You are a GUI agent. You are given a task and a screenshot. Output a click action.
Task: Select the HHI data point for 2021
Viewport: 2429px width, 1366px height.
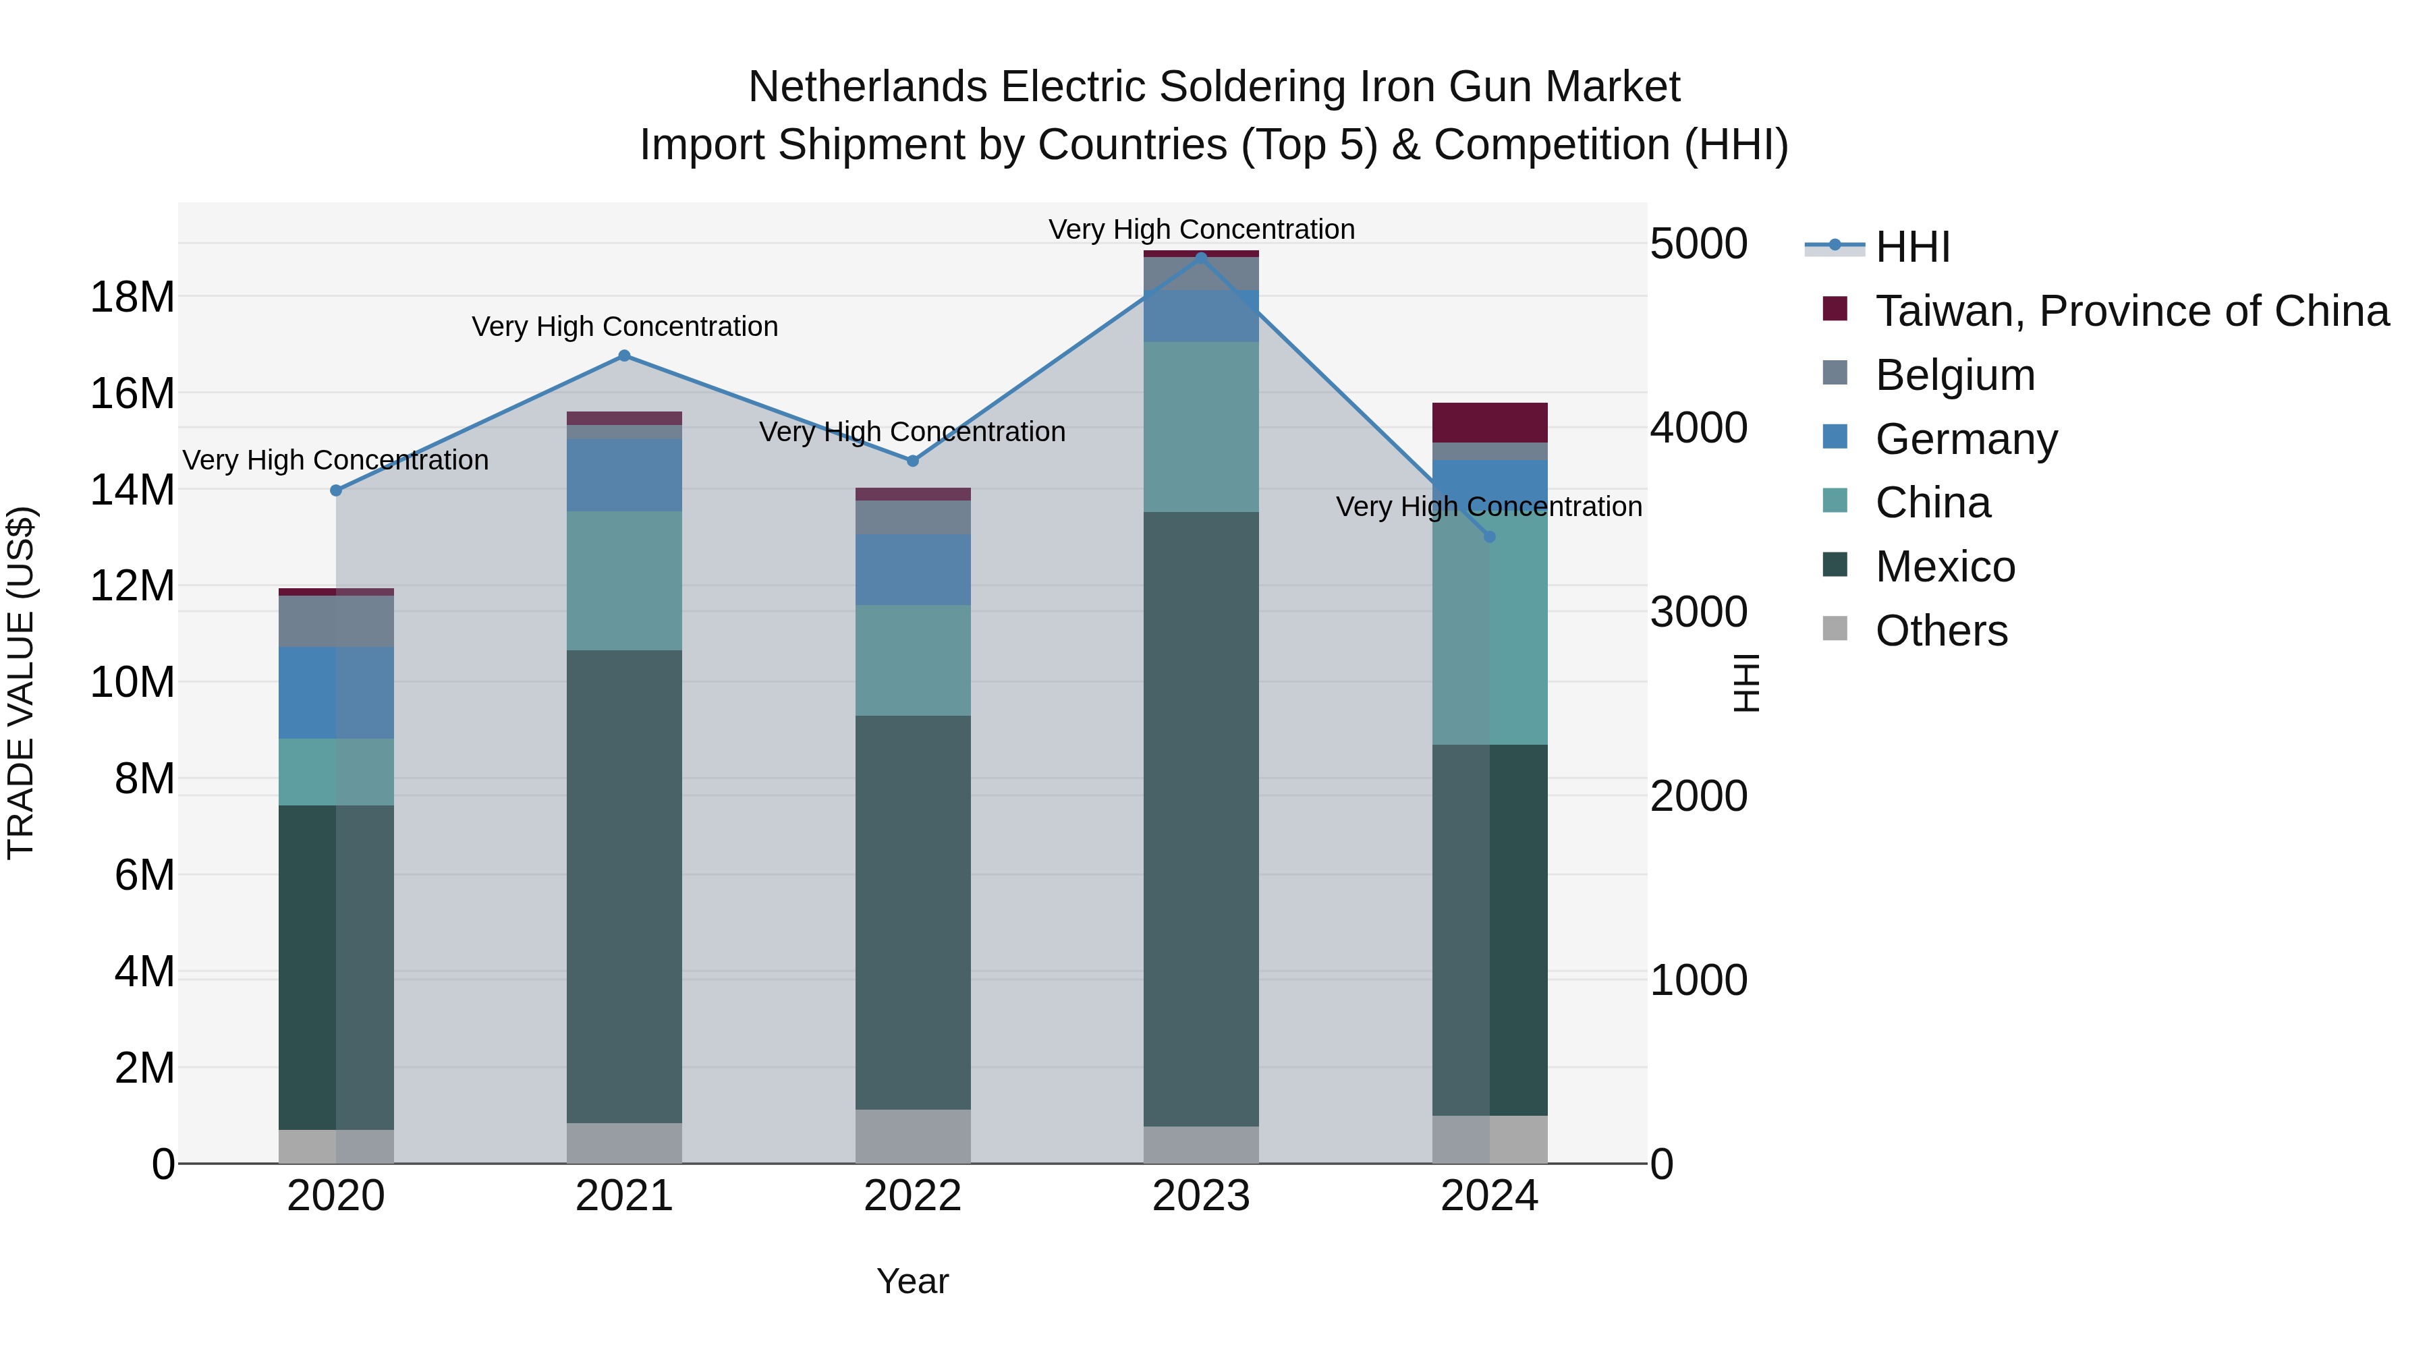(624, 355)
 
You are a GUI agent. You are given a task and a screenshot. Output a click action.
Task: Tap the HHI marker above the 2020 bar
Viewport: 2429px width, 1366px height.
(336, 490)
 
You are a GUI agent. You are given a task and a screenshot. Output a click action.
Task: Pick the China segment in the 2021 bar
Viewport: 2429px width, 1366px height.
(624, 581)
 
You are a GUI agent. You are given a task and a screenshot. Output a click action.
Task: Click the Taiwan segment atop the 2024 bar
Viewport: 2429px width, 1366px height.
(1489, 422)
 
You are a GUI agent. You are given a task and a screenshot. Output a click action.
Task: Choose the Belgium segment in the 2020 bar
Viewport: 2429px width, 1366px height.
(336, 621)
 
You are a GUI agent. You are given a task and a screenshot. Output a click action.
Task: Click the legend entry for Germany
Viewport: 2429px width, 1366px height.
(1966, 439)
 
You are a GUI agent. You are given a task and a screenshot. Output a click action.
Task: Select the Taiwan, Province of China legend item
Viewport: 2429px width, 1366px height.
(2131, 311)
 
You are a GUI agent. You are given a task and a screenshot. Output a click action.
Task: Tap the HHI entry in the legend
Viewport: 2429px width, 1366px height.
(1912, 247)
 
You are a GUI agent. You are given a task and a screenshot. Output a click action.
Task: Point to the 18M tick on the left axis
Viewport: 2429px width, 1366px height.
(132, 297)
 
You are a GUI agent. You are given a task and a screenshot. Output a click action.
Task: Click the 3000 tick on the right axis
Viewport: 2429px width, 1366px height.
(1698, 612)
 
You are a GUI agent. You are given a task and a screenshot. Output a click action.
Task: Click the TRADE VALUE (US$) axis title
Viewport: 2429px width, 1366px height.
(21, 683)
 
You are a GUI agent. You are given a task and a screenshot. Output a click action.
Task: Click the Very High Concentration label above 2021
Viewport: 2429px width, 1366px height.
(624, 326)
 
